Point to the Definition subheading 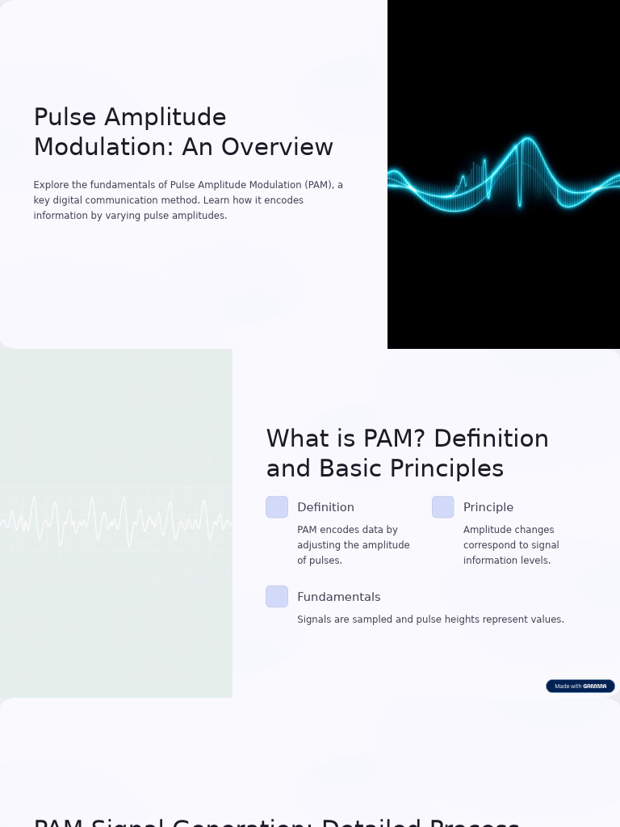tap(325, 507)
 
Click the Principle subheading tap(488, 507)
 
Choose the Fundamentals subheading tap(338, 597)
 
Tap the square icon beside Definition tap(277, 507)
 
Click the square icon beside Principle tap(443, 507)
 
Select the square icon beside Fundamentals tap(277, 597)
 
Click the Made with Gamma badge tap(580, 686)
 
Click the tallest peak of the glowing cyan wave tap(527, 140)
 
